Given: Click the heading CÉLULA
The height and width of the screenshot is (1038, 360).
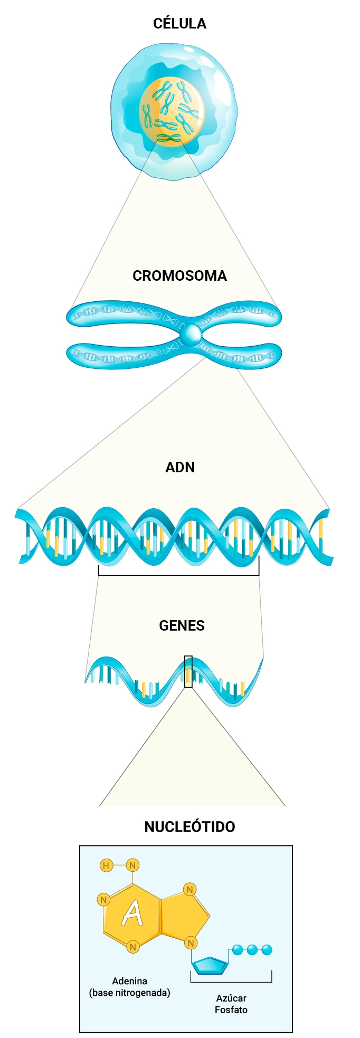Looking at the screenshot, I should point(179,24).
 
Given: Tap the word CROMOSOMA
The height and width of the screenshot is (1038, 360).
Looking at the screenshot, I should point(179,276).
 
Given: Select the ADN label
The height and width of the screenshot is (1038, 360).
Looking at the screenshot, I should point(180,468).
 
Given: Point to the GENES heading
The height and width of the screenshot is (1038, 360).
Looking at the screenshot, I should point(182,626).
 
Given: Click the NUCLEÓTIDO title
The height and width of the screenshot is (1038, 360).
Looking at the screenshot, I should point(190,826).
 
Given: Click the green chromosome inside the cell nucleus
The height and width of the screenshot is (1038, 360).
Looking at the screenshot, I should point(168,138).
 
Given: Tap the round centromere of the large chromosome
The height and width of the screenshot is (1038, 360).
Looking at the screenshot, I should point(190,334).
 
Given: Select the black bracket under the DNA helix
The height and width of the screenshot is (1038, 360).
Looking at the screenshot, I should point(179,574).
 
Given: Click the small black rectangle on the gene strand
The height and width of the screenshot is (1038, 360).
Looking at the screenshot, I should point(188,671).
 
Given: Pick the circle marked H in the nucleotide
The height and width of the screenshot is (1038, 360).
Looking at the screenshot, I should point(106,865).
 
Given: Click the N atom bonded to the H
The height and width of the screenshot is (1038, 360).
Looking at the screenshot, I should point(133,865).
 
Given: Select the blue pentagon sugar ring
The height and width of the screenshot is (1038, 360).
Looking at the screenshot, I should point(210,965).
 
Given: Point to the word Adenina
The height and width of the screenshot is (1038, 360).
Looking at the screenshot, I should point(129,981).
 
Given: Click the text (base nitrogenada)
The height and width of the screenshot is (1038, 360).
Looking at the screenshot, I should point(129,993).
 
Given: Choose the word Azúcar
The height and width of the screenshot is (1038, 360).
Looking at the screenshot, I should point(231,998).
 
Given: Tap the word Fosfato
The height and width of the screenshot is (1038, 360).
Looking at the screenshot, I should point(231,1010).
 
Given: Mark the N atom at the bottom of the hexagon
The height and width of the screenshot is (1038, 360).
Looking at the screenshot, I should point(133,947).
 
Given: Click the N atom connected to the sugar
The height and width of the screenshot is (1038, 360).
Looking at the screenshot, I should point(191,942).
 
